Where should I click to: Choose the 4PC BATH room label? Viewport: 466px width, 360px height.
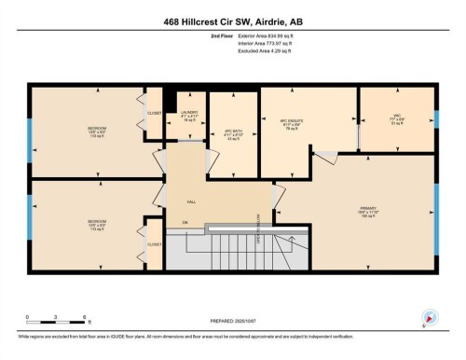232,132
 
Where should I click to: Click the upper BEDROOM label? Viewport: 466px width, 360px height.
97,127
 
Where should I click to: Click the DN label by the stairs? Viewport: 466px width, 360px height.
185,222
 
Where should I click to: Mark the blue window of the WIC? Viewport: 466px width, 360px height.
434,119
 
